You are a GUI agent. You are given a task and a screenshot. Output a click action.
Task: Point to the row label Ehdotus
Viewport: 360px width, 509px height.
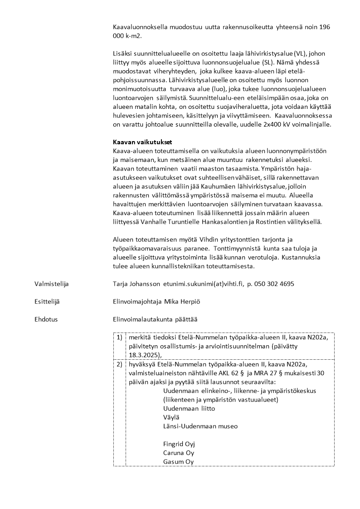click(46, 319)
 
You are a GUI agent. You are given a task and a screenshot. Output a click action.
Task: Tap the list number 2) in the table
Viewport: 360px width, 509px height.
click(119, 364)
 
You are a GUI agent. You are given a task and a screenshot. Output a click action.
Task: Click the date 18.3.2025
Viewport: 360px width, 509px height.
click(144, 355)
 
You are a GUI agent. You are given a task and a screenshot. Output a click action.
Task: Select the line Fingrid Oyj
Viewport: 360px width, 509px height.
click(179, 444)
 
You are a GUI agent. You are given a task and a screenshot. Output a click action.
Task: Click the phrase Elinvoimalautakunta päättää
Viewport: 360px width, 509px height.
click(155, 319)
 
